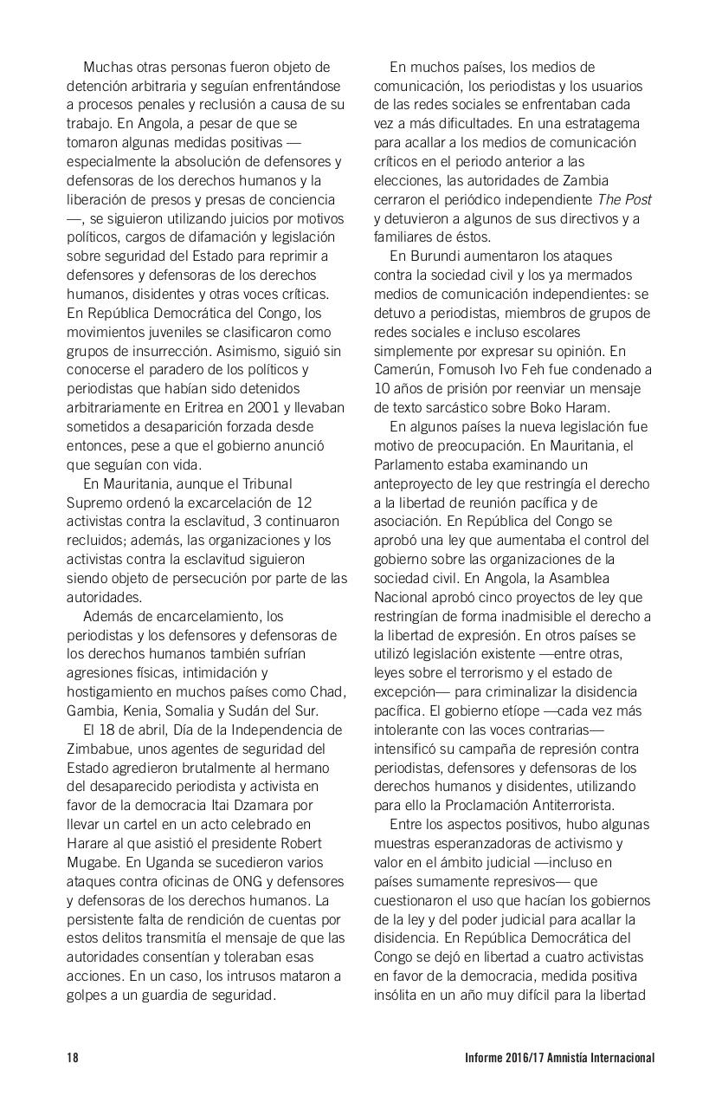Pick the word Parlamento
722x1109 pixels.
(411, 464)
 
